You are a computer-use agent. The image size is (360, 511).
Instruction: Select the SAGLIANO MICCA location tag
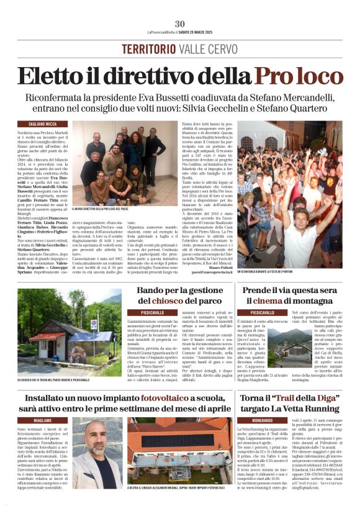(x=35, y=124)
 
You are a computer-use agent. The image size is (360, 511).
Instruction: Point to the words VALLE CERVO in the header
(x=205, y=49)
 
